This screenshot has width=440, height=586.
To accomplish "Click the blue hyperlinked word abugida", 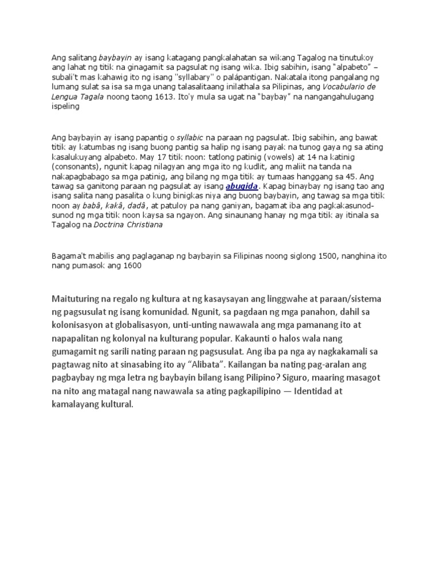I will [x=243, y=187].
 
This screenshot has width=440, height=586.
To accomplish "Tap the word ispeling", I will [x=65, y=107].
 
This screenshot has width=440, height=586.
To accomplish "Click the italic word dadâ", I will [x=133, y=204].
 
